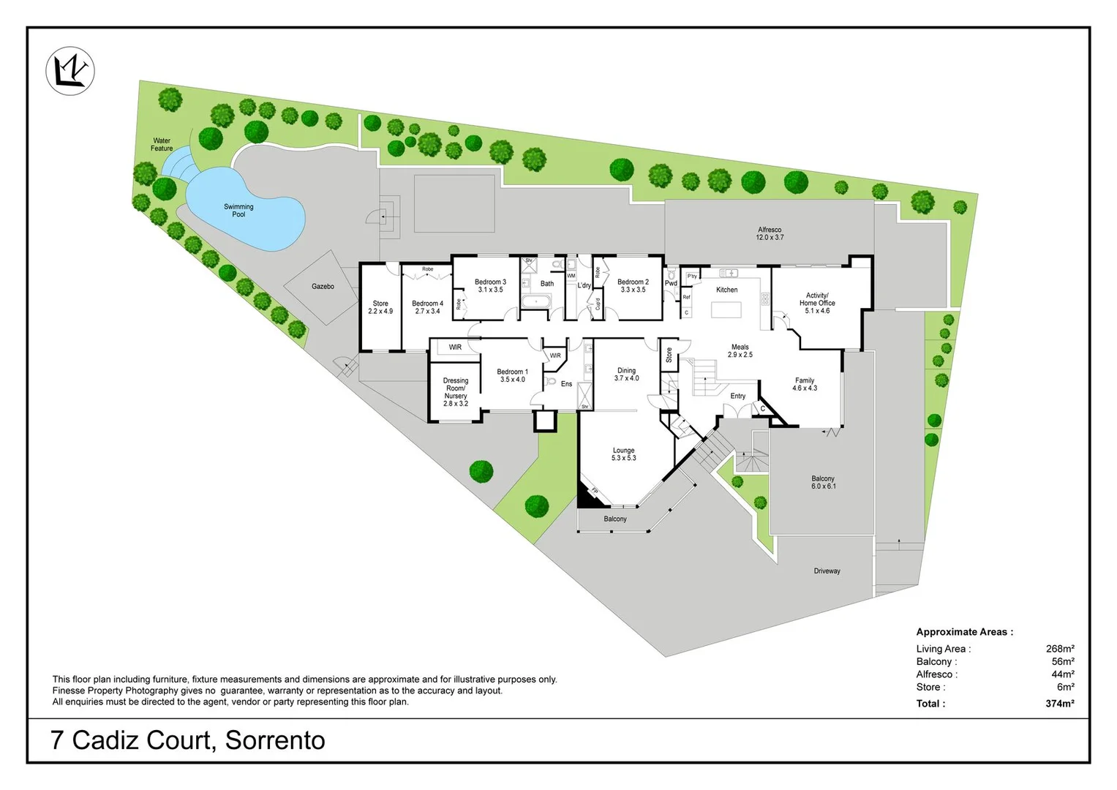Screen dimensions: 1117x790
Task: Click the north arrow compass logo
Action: pos(70,71)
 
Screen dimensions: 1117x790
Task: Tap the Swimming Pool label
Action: pos(238,211)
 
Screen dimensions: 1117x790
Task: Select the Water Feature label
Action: pos(162,144)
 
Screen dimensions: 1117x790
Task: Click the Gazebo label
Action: pos(323,286)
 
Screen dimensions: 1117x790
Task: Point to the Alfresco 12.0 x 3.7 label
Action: pos(770,233)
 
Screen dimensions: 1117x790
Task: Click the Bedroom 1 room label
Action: pos(512,375)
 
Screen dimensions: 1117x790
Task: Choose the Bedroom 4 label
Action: pos(427,307)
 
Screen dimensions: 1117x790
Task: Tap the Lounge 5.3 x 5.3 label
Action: pos(623,454)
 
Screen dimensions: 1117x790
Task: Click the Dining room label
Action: pos(626,375)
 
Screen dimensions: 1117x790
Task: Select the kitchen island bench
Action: pos(726,309)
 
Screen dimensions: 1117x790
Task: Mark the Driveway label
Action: pos(827,571)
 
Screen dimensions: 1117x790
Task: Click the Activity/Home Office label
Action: pos(817,303)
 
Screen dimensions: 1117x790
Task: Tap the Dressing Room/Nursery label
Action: pos(456,392)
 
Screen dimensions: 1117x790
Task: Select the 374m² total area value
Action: pos(1059,704)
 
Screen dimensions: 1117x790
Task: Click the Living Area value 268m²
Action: pos(1059,649)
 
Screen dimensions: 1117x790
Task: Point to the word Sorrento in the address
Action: pos(275,740)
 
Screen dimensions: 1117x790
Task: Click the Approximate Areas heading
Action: pos(964,632)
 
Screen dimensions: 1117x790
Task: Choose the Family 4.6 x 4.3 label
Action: pos(805,384)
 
